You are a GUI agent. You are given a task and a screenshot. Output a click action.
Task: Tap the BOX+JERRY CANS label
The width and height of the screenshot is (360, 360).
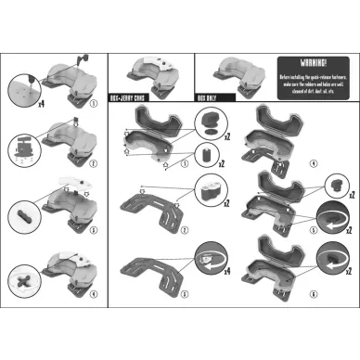point(131,96)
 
